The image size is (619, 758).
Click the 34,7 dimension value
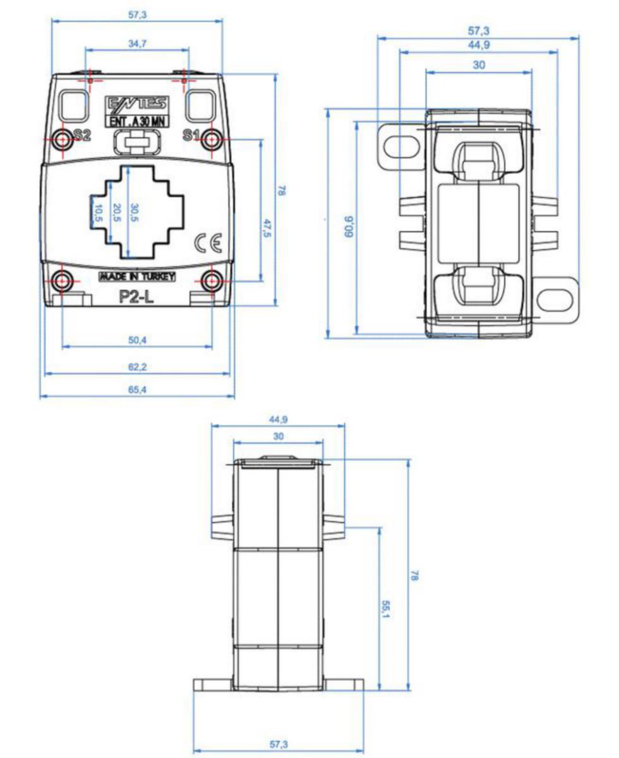(x=137, y=44)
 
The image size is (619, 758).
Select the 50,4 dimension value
(x=137, y=340)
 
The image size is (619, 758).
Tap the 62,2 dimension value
(x=137, y=367)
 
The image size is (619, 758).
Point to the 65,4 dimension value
(x=137, y=390)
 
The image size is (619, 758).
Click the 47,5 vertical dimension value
(x=267, y=228)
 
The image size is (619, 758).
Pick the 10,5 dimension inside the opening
(x=98, y=213)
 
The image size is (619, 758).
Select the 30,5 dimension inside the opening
(x=135, y=213)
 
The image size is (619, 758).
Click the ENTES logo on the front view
(x=136, y=103)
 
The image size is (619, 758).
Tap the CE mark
(x=208, y=243)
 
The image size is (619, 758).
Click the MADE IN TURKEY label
(x=137, y=277)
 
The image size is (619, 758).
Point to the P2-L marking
(x=136, y=296)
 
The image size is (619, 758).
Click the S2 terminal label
(x=82, y=135)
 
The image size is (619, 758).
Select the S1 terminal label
(x=191, y=135)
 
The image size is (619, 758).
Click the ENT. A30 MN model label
(x=137, y=122)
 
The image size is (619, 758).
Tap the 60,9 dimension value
(x=349, y=227)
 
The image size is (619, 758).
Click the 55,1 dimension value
(x=386, y=609)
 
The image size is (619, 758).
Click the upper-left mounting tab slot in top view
(x=402, y=145)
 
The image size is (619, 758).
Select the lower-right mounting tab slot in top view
(x=556, y=299)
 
